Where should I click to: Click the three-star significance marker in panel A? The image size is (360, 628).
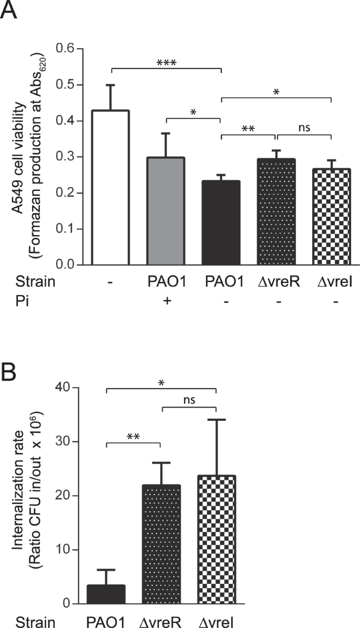click(x=166, y=64)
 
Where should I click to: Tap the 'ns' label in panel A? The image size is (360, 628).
click(x=304, y=127)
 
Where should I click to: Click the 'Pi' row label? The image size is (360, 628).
click(x=9, y=302)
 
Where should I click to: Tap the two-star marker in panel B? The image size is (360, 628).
click(x=133, y=437)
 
